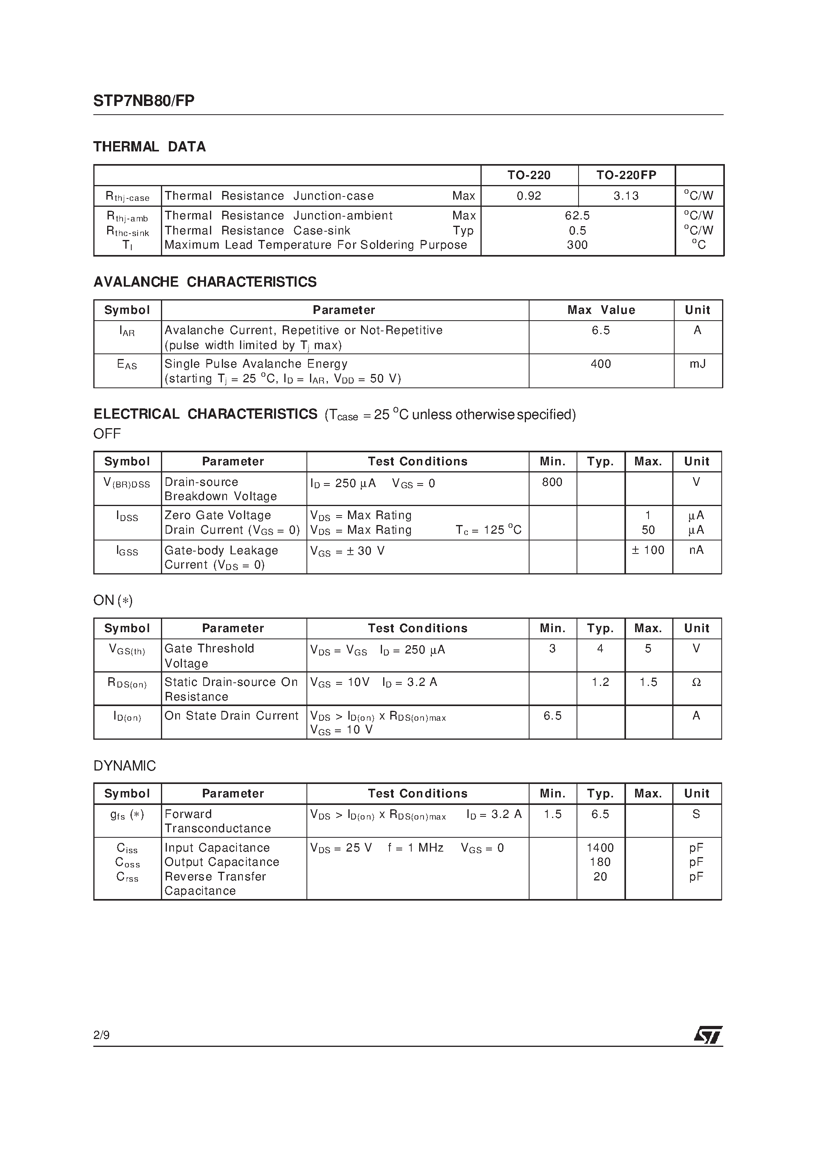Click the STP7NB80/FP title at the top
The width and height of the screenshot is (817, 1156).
tap(144, 101)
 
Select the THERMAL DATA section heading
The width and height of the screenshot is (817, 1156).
tap(149, 147)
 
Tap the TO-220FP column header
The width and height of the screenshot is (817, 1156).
tap(626, 175)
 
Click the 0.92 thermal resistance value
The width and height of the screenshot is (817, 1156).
tap(529, 196)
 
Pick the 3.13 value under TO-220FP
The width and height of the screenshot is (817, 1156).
tap(626, 196)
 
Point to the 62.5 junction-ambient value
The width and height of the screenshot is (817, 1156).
tap(577, 215)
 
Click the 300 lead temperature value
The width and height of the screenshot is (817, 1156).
tap(577, 245)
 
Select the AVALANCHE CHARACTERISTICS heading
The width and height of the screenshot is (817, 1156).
tap(205, 282)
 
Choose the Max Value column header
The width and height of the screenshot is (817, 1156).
tap(601, 310)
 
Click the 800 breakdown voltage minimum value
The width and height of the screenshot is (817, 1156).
tap(552, 482)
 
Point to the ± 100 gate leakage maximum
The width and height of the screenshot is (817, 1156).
tap(648, 550)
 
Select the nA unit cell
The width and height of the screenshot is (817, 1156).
tap(696, 550)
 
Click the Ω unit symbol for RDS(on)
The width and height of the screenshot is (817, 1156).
tap(696, 682)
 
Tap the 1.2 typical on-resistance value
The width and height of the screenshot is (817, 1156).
tap(600, 682)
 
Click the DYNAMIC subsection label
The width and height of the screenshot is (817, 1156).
tap(125, 766)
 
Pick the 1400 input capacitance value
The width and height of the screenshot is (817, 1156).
tap(600, 848)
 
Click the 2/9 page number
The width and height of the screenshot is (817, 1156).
tap(101, 1035)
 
